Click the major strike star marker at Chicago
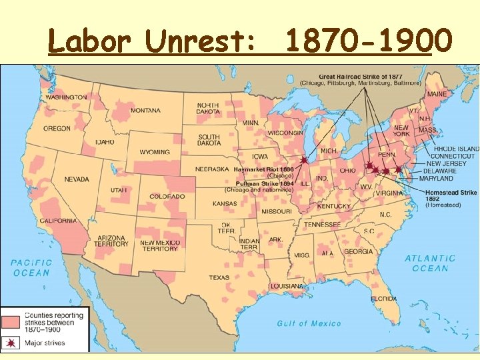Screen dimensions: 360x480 [x=304, y=161]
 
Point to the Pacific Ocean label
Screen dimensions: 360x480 [x=31, y=267]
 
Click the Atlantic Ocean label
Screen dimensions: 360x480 [x=430, y=263]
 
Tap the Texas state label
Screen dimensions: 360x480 [x=218, y=277]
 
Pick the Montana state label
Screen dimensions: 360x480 [x=145, y=110]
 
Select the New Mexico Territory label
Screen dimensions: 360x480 [x=159, y=245]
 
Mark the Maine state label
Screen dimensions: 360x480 [x=437, y=94]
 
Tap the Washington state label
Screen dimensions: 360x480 [x=66, y=97]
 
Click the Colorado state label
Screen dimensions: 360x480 [x=167, y=196]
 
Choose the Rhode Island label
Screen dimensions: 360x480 [x=456, y=148]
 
